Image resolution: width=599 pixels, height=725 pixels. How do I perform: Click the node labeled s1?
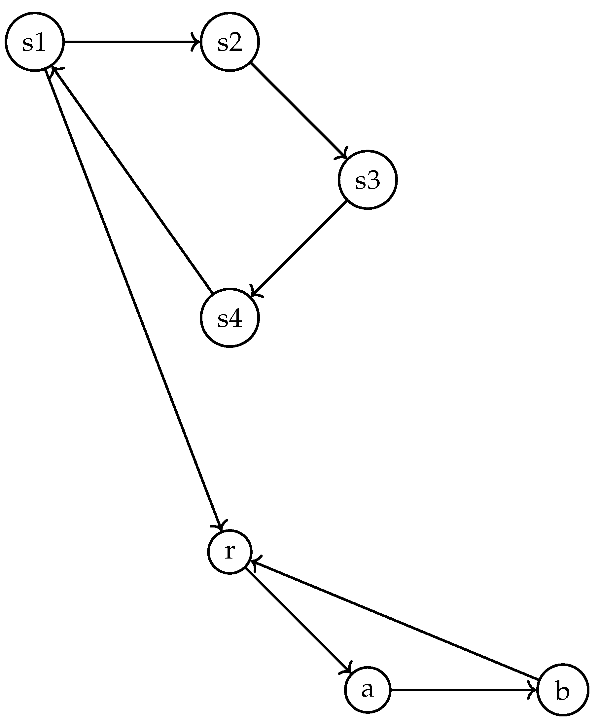point(34,42)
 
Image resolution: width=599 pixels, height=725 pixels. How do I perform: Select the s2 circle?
point(230,42)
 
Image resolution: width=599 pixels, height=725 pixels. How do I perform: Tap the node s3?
point(368,180)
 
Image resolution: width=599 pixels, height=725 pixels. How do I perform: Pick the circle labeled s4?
point(230,318)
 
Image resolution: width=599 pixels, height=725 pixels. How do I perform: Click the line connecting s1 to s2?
point(131,42)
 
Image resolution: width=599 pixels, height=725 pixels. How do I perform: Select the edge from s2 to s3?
point(299,111)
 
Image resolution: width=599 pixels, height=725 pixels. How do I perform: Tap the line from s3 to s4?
point(299,249)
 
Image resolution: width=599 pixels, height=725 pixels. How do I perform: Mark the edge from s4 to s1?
point(131,179)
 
